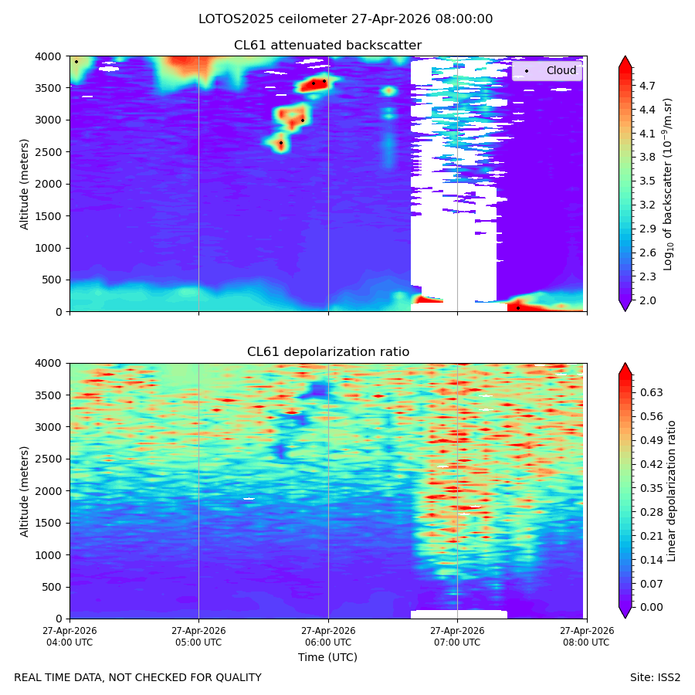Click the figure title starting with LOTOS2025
[345, 19]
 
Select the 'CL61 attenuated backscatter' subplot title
[327, 46]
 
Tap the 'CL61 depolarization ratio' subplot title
[328, 352]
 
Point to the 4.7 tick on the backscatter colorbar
[647, 86]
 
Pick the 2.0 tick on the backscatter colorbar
[647, 300]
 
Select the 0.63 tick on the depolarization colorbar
[652, 393]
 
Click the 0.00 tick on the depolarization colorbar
[652, 607]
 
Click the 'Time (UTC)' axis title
[327, 657]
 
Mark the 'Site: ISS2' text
[655, 678]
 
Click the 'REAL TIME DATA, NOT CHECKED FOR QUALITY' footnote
[138, 678]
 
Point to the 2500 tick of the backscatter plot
[49, 152]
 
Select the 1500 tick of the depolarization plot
[49, 523]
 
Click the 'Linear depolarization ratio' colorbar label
[672, 491]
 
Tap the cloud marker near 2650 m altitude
[281, 143]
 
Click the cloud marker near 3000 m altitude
[303, 120]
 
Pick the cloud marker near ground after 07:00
[518, 308]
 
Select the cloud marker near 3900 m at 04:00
[76, 62]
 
